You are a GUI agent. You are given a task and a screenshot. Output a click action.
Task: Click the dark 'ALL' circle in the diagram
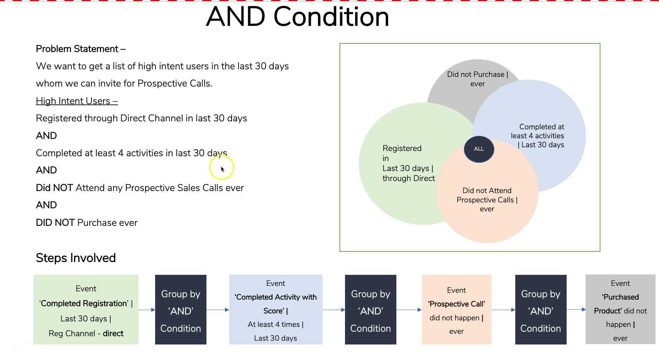(x=479, y=149)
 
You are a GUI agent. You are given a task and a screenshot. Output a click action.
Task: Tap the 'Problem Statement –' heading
(x=81, y=49)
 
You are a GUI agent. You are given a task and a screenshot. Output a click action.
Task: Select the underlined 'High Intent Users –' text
(x=77, y=101)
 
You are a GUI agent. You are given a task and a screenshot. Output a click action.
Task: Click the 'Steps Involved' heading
(x=76, y=258)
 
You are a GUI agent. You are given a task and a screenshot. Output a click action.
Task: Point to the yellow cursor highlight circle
(x=221, y=168)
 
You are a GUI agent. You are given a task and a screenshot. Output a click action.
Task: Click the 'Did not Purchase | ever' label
(x=477, y=79)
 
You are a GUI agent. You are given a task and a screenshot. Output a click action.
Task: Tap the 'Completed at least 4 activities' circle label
(x=538, y=136)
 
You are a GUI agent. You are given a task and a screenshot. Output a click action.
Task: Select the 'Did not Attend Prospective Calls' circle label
(x=487, y=200)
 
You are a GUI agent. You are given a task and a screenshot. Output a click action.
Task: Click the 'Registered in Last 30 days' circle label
(x=408, y=163)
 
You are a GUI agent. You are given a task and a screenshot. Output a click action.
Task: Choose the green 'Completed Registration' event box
(x=86, y=310)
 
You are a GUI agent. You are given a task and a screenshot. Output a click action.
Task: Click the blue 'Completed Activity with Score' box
(x=275, y=310)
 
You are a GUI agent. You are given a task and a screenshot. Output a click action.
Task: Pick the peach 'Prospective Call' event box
(x=456, y=310)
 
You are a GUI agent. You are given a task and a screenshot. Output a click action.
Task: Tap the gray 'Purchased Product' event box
(x=620, y=310)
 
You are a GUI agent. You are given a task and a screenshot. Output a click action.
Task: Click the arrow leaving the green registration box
(x=147, y=310)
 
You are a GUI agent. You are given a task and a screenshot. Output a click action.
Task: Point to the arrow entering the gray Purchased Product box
(x=576, y=309)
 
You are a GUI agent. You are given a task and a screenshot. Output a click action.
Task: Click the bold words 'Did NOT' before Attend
(x=54, y=188)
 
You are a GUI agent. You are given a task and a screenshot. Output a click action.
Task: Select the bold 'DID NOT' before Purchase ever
(x=55, y=223)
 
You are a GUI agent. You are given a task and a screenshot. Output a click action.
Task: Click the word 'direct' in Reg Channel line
(x=113, y=333)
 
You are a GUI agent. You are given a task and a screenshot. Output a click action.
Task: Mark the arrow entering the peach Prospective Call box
(x=409, y=310)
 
